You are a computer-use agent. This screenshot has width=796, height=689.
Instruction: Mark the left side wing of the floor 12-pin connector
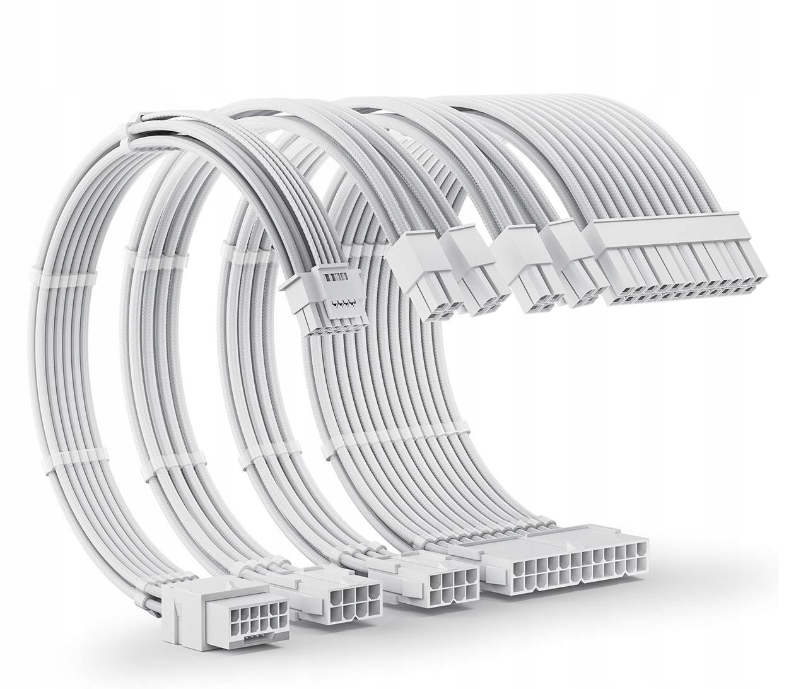click(x=173, y=637)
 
